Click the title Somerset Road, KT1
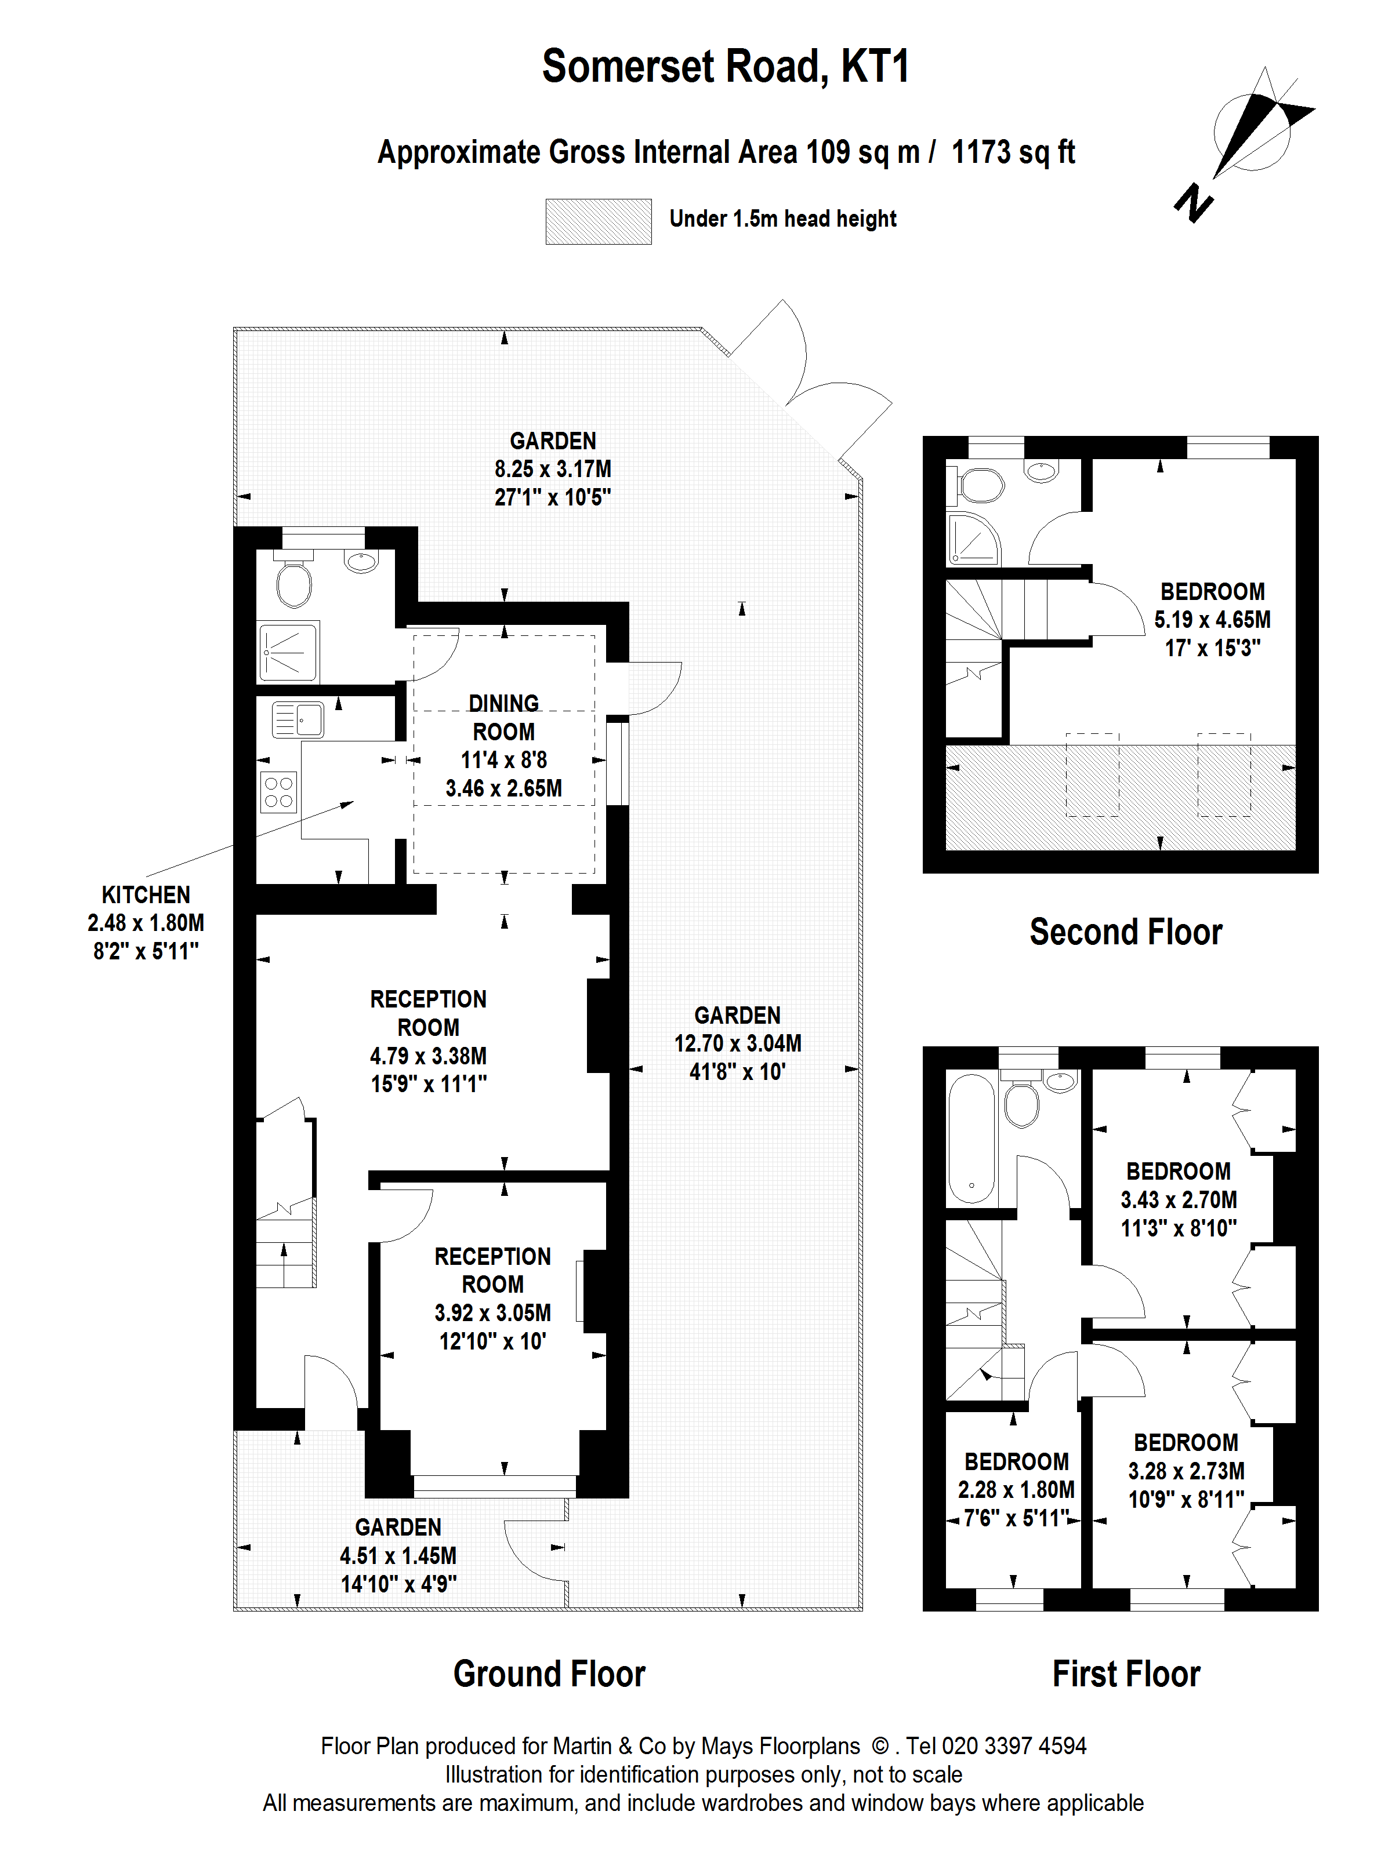tap(726, 67)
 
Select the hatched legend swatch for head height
tap(598, 221)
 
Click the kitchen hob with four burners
tap(278, 792)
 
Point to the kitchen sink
tap(298, 719)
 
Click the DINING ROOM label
tap(503, 718)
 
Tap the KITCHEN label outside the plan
tap(146, 895)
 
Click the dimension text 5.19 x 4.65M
tap(1212, 620)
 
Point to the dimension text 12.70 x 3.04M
tap(738, 1043)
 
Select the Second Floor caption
tap(1126, 932)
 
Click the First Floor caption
tap(1126, 1674)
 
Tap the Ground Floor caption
tap(550, 1674)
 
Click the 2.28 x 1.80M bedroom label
tap(1016, 1489)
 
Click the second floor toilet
tap(980, 484)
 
